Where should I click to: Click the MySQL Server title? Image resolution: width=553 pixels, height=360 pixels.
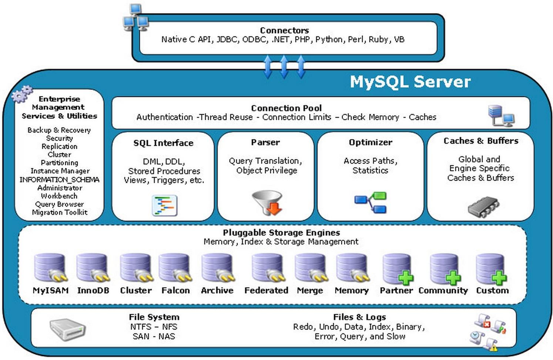coord(410,82)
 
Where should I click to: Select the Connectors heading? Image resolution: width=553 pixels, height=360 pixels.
coord(284,30)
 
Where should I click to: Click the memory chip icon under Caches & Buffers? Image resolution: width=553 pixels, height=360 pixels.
coord(483,207)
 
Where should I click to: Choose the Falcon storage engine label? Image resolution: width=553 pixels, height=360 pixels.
coord(175,290)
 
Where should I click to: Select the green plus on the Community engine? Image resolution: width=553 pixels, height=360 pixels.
coord(453,278)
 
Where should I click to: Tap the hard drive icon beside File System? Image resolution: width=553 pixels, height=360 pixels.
coord(68,329)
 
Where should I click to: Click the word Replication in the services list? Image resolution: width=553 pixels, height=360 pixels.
coord(59,146)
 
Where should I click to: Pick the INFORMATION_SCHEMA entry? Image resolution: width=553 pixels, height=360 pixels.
coord(59,180)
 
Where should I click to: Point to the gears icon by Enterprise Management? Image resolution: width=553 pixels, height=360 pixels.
coord(22,94)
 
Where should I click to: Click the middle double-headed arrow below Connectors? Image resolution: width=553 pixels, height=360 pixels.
coord(284,67)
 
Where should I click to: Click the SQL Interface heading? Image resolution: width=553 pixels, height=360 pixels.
coord(163,143)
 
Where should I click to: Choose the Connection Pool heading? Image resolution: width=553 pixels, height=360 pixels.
coord(286,108)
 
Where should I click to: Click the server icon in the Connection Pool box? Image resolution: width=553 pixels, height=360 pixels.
coord(500,115)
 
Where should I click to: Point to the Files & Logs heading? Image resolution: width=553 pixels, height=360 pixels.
coord(359,317)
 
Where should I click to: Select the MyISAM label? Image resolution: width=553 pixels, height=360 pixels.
coord(51,290)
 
